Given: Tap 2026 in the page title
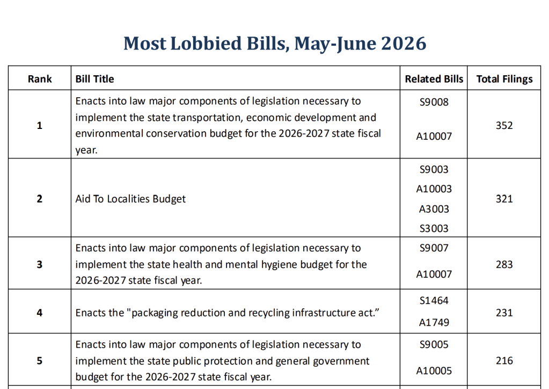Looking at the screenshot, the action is tap(404, 44).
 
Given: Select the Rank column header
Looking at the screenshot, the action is tap(40, 79).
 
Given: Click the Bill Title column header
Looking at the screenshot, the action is tap(94, 79).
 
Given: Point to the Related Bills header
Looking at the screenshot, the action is tap(434, 79).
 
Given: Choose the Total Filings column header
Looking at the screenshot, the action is tap(504, 79).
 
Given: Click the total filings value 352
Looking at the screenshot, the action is tap(504, 126).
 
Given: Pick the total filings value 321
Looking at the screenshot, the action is tap(504, 199).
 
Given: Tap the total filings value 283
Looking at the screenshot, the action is tap(504, 264).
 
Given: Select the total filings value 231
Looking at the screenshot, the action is tap(504, 313).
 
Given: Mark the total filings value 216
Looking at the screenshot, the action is tap(504, 361).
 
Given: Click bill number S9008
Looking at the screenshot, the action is tap(434, 102).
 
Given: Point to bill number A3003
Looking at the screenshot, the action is tap(434, 209).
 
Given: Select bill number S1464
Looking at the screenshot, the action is tap(434, 301).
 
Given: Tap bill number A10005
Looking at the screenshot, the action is tap(434, 371).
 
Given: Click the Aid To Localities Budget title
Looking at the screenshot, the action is tap(130, 199).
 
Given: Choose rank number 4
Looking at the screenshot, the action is tap(40, 313).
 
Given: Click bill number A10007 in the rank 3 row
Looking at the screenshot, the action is tap(434, 274).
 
